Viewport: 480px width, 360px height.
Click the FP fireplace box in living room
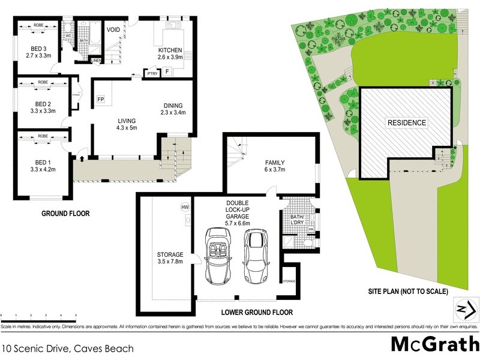101,98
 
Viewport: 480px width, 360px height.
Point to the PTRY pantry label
152,74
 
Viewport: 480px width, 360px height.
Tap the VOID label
113,29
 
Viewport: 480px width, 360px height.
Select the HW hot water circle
185,207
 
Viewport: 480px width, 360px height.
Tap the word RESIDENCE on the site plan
406,123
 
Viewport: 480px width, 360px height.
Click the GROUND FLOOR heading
65,213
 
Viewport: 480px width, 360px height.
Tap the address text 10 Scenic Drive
67,347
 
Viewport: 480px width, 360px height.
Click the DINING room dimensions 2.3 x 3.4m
173,112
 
